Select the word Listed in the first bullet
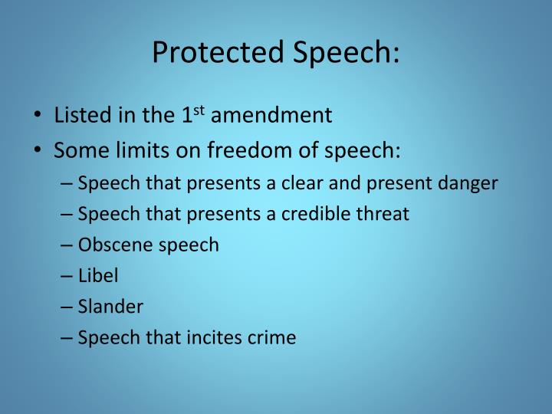coord(78,116)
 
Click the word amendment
coord(271,116)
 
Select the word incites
coord(211,337)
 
